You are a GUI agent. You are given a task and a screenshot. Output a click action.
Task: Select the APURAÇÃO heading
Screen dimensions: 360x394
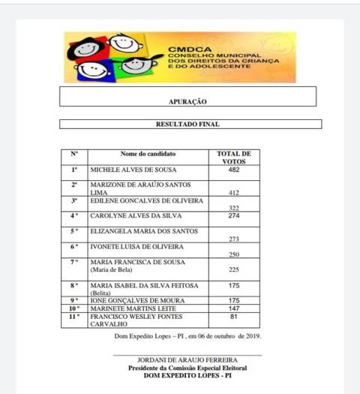[x=187, y=101]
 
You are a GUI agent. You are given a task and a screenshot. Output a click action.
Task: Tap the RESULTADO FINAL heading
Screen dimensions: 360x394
[x=187, y=125]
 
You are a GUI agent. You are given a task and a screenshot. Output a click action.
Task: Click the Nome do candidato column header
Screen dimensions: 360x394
[x=148, y=154]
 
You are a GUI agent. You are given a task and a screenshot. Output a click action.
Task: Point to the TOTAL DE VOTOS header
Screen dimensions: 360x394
[x=233, y=158]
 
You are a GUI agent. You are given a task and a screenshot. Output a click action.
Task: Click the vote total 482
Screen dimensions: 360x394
[x=233, y=170]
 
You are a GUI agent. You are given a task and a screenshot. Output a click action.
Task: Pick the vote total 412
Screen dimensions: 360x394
[x=234, y=193]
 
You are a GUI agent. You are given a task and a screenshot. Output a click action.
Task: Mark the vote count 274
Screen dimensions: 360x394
[x=233, y=216]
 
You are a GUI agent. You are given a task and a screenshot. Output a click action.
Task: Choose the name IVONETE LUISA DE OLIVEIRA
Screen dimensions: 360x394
[x=137, y=246]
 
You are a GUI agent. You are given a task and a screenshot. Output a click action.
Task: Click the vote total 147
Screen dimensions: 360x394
[x=233, y=308]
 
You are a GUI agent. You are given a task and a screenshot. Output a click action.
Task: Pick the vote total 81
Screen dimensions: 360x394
[x=233, y=317]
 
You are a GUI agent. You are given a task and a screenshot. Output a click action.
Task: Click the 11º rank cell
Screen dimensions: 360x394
[x=74, y=317]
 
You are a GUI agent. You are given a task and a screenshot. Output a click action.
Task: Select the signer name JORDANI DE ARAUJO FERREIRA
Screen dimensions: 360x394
[x=187, y=360]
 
